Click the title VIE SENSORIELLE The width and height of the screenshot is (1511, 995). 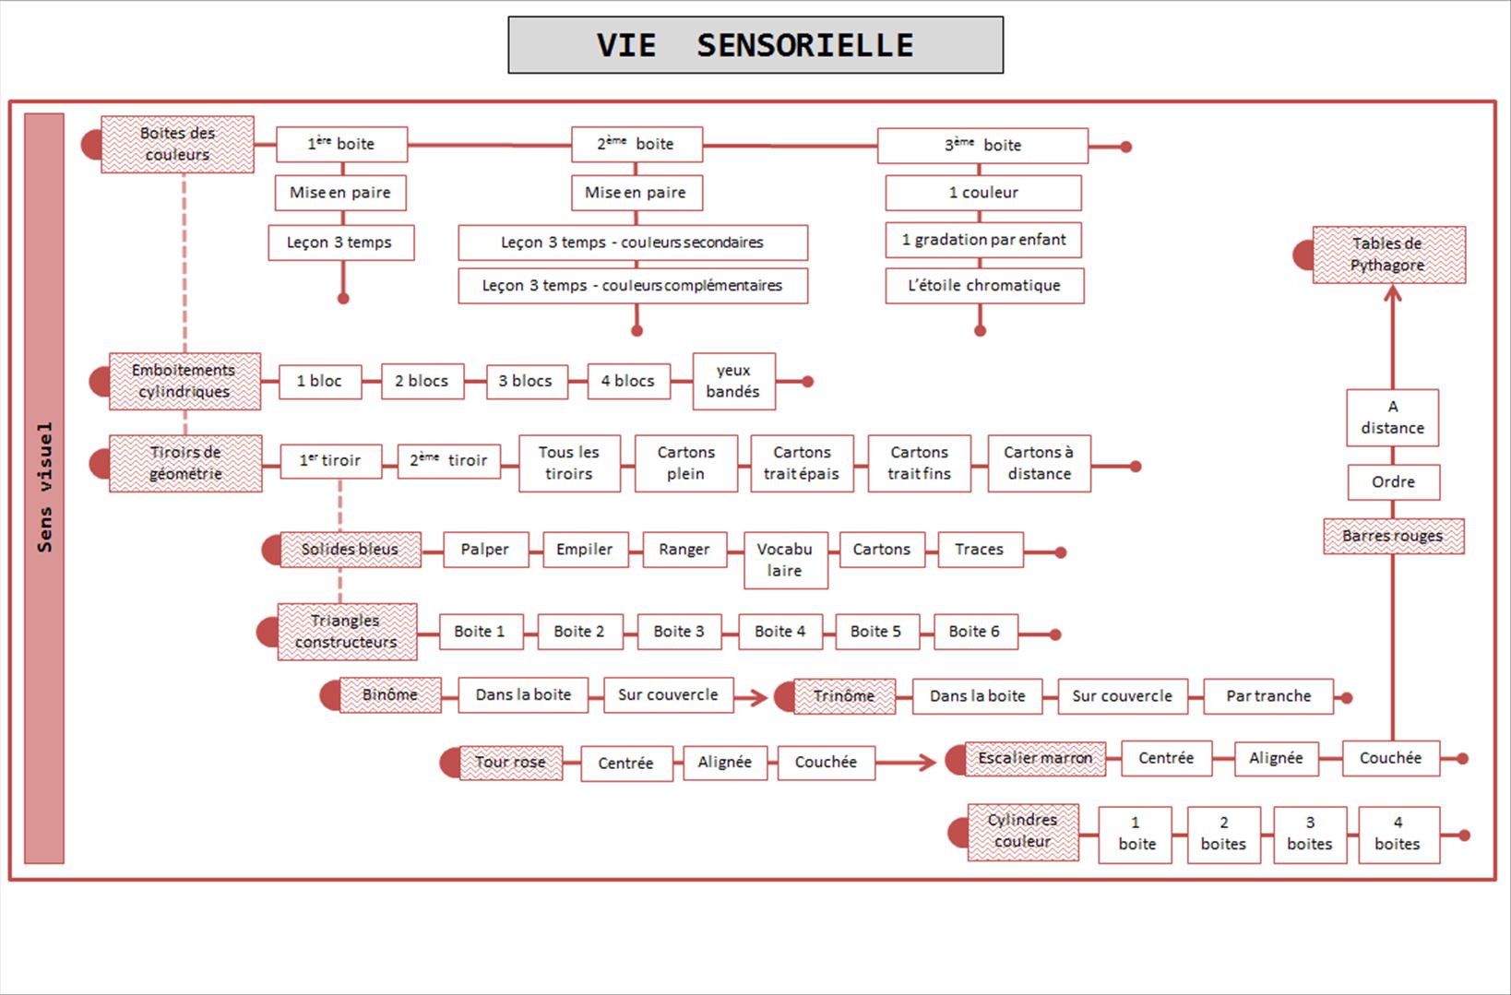click(x=755, y=45)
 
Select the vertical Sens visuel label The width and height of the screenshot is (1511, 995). click(x=44, y=488)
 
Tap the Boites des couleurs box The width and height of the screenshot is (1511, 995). click(x=177, y=144)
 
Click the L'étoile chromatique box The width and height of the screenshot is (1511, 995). click(x=984, y=286)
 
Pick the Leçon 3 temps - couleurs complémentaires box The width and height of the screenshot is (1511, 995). click(x=633, y=286)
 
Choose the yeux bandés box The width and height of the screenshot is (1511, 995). click(x=733, y=381)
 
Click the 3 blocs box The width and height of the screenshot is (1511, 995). click(x=525, y=381)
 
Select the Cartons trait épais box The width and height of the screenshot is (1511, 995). click(x=802, y=463)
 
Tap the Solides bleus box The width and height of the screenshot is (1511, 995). click(x=351, y=550)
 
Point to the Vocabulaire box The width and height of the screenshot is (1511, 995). click(x=785, y=560)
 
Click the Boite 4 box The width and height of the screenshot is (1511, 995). click(x=779, y=632)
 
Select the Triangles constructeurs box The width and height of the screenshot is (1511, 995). click(x=347, y=632)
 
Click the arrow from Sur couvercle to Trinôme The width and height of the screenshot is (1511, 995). click(x=754, y=697)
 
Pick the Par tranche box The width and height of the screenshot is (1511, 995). click(x=1268, y=696)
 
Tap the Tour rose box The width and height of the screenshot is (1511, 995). click(x=511, y=763)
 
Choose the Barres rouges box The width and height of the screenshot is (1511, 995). click(x=1393, y=537)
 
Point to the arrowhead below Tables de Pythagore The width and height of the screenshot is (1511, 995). click(x=1393, y=294)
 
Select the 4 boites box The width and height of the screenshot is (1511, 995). click(x=1398, y=834)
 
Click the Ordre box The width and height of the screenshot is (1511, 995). click(x=1393, y=482)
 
